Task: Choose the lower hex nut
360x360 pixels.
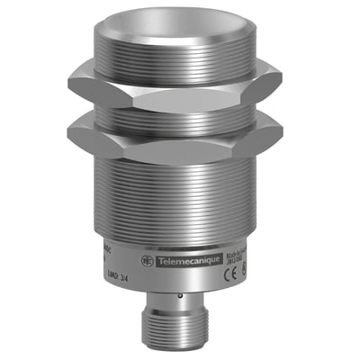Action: [x=180, y=137]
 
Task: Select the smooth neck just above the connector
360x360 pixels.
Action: [x=180, y=303]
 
